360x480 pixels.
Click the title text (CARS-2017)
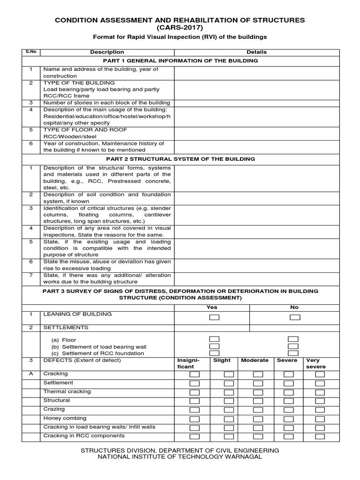pos(180,28)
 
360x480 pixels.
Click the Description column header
pos(107,52)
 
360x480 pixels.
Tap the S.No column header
pos(30,52)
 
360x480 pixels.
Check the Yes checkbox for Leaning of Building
pos(214,317)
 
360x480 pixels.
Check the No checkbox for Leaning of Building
pos(294,317)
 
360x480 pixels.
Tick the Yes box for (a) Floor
pos(214,339)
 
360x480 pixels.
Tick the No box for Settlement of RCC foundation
pos(293,353)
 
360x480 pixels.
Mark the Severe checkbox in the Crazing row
pos(289,410)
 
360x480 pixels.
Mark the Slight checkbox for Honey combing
pos(228,419)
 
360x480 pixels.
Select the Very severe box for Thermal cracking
pos(320,392)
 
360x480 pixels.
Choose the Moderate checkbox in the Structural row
pos(258,401)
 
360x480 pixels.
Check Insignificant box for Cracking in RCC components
pos(194,437)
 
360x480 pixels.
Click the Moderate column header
pos(255,360)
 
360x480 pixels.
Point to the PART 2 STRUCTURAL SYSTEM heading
pos(180,159)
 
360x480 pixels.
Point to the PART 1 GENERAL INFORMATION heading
pos(180,61)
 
